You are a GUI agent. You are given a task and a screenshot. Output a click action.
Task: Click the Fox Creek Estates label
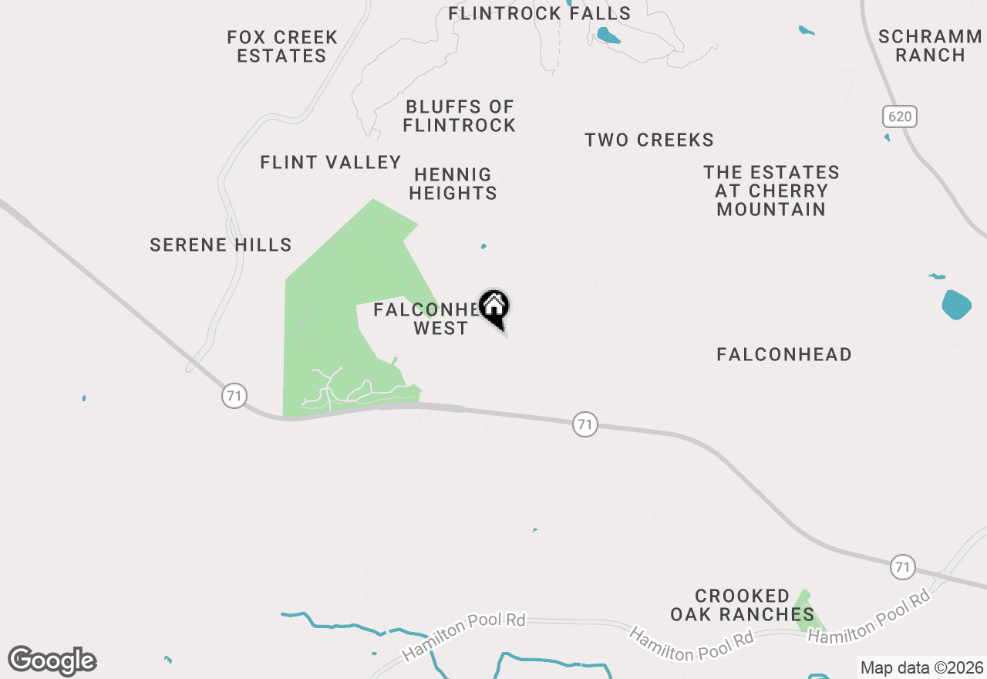282,46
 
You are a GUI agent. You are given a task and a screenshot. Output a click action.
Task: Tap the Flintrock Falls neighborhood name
539,13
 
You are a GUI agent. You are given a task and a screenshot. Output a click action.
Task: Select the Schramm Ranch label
930,46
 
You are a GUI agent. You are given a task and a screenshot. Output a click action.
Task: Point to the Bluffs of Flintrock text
460,116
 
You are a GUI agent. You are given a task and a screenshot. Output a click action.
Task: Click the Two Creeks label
649,140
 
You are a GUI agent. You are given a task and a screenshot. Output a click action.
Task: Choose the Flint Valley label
331,162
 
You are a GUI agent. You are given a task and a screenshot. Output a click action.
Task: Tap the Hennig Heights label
453,184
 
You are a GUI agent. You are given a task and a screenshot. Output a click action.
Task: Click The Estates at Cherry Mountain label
771,191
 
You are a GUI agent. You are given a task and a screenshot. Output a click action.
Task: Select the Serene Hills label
221,245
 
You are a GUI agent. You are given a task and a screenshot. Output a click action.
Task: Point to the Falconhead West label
432,319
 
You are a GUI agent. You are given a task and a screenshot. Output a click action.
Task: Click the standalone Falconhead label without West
784,354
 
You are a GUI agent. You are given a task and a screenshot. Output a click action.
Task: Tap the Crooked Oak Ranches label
742,605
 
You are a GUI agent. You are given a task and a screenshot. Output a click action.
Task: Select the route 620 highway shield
900,117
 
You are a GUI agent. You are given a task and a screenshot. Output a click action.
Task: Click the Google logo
52,660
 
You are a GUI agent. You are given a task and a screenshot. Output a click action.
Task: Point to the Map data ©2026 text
921,667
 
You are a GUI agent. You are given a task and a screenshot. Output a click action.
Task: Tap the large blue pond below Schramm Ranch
956,305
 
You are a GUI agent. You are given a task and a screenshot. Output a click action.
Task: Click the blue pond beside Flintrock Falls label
608,35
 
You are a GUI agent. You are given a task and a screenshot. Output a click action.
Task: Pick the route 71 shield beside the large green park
234,397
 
